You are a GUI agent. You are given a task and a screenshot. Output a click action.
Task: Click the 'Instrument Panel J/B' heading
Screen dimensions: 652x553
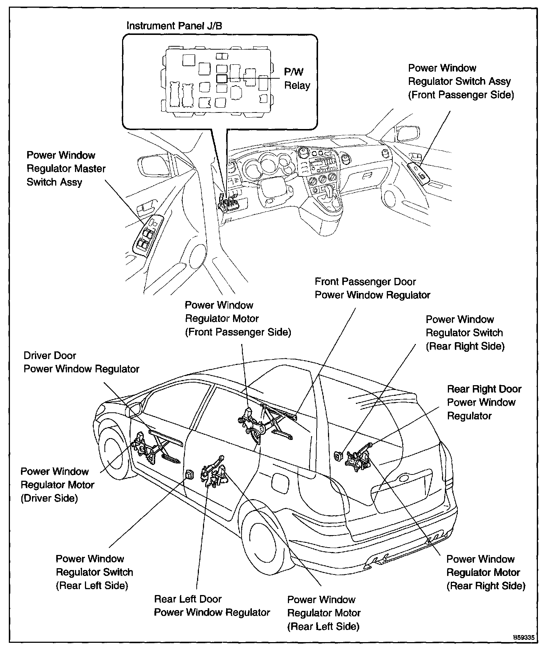[x=174, y=26]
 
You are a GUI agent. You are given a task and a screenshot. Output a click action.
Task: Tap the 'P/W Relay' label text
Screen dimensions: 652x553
[x=297, y=78]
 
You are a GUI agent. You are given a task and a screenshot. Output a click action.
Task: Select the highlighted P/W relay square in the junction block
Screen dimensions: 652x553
[x=221, y=78]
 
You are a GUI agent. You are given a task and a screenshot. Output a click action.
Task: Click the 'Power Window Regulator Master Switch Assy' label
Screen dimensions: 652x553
[x=66, y=169]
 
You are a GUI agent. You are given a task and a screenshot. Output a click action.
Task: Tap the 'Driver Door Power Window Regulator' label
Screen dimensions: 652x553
[x=81, y=362]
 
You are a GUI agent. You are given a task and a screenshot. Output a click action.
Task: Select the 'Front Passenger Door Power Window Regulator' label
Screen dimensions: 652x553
[x=372, y=289]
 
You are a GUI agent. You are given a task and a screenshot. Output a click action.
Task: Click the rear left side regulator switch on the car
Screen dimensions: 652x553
[x=190, y=474]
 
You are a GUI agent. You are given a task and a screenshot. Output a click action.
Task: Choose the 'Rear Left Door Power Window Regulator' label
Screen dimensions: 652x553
[x=212, y=606]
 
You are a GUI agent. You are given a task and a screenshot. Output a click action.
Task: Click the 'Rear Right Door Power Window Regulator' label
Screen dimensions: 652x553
[x=484, y=402]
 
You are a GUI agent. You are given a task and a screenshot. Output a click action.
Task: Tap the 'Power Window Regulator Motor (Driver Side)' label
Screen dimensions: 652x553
[x=57, y=485]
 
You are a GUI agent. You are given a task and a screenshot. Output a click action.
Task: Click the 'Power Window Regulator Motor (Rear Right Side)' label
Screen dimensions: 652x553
[x=485, y=572]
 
